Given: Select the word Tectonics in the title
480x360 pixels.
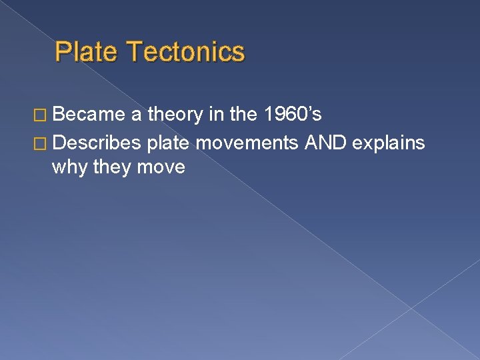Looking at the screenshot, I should pyautogui.click(x=185, y=51).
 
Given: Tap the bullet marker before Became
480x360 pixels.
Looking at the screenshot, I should pyautogui.click(x=40, y=116).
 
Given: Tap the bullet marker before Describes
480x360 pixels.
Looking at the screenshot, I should pyautogui.click(x=40, y=142).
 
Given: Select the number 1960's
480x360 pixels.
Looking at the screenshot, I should pyautogui.click(x=293, y=115).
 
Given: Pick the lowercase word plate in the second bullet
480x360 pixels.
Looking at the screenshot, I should pyautogui.click(x=169, y=142).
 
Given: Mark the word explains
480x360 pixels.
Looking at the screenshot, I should pyautogui.click(x=391, y=142).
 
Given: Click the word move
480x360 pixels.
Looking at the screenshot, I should pyautogui.click(x=162, y=167).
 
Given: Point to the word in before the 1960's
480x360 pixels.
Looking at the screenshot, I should pyautogui.click(x=216, y=115).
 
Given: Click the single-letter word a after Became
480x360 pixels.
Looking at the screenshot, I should pyautogui.click(x=136, y=116).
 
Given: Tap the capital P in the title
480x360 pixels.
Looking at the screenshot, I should pyautogui.click(x=63, y=51).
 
